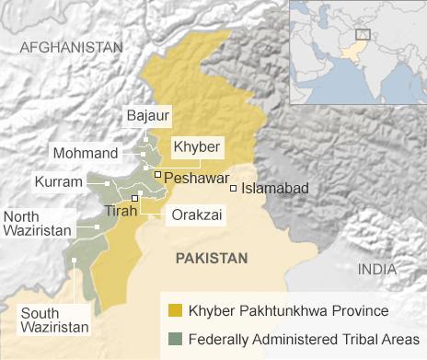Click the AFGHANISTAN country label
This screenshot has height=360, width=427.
(71, 46)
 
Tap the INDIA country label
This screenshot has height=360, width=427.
(377, 269)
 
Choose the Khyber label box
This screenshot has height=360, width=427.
(195, 145)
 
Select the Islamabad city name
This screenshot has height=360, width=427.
(274, 188)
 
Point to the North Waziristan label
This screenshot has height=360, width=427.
(37, 224)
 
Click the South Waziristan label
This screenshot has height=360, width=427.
(54, 319)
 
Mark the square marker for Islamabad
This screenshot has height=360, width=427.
(234, 188)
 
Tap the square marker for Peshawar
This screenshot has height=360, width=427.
(158, 174)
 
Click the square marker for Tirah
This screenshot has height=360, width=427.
(135, 198)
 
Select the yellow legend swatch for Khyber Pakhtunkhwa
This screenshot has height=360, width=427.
(175, 310)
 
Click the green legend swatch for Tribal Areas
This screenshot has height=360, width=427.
(175, 338)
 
